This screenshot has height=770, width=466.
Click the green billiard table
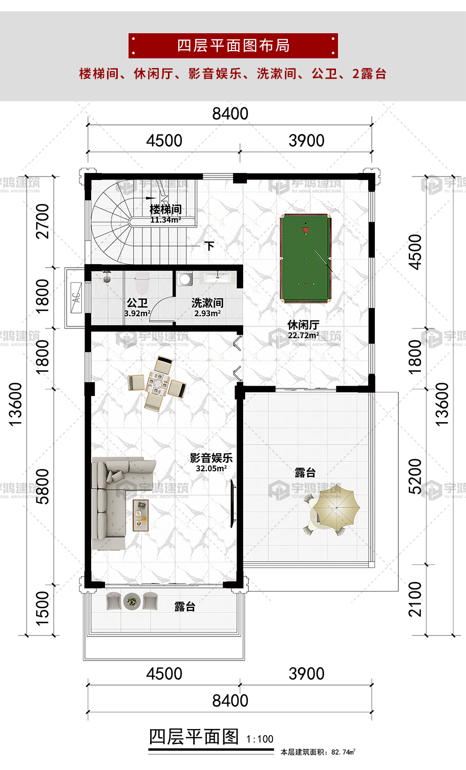tap(305, 258)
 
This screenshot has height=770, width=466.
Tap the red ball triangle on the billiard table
tap(306, 230)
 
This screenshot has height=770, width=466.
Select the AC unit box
tap(76, 298)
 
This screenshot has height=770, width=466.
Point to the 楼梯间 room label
tap(165, 209)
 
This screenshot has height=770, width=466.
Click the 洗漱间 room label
tap(207, 303)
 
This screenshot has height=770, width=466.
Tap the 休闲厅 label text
tap(304, 325)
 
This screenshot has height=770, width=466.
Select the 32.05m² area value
tap(211, 468)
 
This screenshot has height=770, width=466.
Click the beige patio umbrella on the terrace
tap(337, 506)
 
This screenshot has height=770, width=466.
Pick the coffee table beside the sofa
tap(141, 515)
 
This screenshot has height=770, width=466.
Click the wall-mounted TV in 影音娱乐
tap(233, 503)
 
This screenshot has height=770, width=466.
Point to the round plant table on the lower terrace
tap(132, 601)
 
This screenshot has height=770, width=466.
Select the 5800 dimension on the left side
tap(43, 487)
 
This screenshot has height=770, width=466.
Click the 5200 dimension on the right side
tap(415, 476)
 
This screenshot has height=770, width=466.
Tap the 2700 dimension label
tap(43, 222)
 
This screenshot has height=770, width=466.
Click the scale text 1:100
tap(260, 739)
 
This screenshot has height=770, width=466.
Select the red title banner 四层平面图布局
tap(233, 46)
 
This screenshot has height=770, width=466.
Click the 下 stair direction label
tap(209, 246)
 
